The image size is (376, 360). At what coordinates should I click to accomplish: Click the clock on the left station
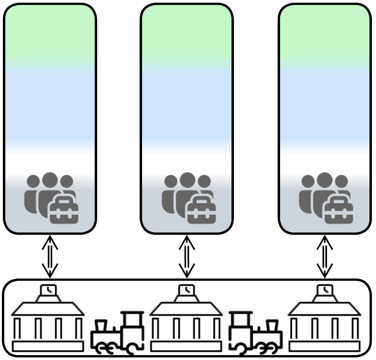pos(49,290)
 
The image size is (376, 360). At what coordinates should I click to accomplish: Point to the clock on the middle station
pos(187,290)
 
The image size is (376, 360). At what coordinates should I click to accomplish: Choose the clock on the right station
pos(325,290)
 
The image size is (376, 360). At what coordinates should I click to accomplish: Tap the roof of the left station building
pos(48,309)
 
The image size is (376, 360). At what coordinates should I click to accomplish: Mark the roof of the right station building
pos(325,309)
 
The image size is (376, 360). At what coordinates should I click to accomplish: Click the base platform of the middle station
pos(186,347)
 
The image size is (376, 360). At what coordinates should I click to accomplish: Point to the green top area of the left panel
pos(50,33)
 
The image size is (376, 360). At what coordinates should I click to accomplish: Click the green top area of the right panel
pos(325,33)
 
